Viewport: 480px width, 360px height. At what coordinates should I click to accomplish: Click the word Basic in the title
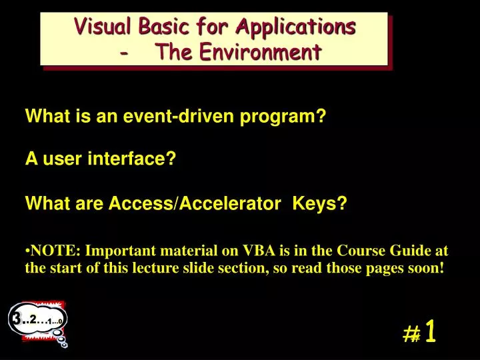167,27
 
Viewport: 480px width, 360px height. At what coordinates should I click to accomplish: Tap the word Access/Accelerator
194,203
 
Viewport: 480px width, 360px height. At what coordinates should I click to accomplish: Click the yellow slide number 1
430,331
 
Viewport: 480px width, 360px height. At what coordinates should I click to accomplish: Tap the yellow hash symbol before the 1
412,333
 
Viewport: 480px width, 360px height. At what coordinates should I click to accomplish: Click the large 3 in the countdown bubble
15,319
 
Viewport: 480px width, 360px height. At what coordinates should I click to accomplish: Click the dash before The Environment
127,51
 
